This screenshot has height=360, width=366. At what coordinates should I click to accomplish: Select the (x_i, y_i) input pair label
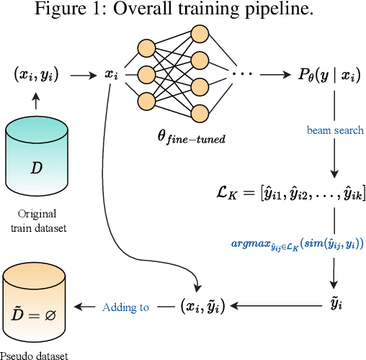point(36,74)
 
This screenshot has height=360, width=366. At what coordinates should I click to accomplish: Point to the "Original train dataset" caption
point(36,221)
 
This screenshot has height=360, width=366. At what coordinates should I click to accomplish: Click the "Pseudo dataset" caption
point(36,354)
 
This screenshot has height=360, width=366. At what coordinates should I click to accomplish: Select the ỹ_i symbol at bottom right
point(334,306)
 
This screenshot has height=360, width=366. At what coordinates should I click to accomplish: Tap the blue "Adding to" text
point(126,307)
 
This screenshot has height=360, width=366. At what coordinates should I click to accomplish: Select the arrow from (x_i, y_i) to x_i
point(82,74)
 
